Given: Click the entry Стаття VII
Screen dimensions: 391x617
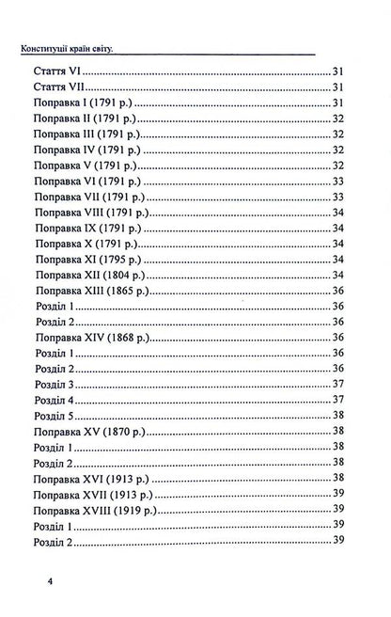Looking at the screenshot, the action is click(x=60, y=87).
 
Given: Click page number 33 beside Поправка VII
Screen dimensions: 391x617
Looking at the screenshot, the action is click(x=342, y=197).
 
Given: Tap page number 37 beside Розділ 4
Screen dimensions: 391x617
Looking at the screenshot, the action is click(x=342, y=399).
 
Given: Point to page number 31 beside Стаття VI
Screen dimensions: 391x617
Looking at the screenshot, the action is click(x=342, y=72).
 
